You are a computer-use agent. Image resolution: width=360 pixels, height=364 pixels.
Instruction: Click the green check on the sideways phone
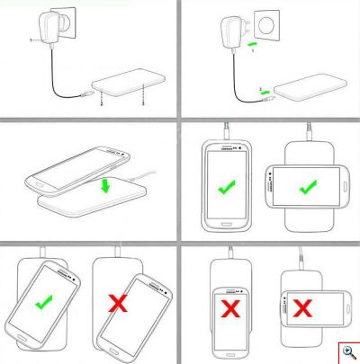[x=306, y=187]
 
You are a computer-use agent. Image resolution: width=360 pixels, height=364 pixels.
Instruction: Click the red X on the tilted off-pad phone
[x=117, y=305]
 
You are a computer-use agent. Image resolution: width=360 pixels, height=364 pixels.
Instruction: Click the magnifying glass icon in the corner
[x=346, y=351]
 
